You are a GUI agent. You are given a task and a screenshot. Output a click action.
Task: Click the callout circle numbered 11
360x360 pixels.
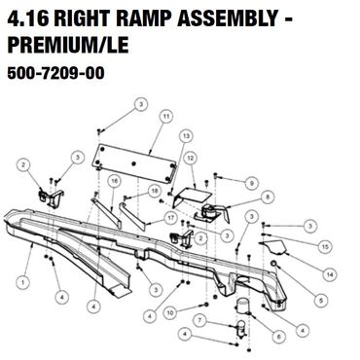click(166, 116)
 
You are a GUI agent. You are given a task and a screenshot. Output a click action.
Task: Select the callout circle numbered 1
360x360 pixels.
click(22, 282)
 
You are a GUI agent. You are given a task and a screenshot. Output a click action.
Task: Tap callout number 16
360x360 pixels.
click(114, 181)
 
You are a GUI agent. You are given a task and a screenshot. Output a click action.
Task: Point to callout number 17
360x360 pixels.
click(170, 218)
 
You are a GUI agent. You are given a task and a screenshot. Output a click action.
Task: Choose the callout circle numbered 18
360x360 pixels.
click(155, 191)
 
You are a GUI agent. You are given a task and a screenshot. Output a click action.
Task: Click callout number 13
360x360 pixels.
click(186, 136)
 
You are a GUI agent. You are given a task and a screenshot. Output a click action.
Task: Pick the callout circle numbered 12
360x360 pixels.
click(191, 159)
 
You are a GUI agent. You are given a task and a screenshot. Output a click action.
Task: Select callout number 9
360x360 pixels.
click(251, 184)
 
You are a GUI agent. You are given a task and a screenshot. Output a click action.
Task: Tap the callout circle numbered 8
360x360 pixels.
click(268, 197)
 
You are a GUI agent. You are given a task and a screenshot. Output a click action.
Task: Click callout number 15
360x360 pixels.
click(325, 247)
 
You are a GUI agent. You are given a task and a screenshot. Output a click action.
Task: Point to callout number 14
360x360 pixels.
click(330, 275)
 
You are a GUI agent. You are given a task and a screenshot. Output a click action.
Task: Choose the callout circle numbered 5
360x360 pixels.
click(321, 301)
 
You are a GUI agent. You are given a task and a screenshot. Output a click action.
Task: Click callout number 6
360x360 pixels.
click(279, 337)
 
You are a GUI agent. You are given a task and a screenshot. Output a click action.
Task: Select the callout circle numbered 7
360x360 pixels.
click(200, 321)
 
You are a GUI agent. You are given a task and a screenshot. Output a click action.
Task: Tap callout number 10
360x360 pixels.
click(170, 312)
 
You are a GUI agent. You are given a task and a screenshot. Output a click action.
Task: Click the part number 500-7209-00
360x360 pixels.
click(55, 73)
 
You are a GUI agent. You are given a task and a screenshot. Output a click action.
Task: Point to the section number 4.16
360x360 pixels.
click(28, 19)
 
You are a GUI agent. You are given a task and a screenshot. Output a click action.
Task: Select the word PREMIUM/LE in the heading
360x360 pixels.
click(68, 45)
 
